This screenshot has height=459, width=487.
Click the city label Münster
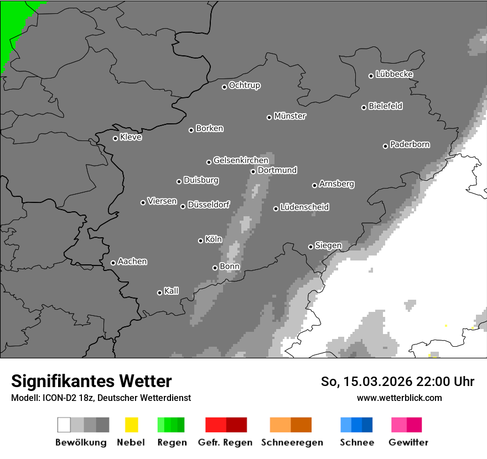coord(290,116)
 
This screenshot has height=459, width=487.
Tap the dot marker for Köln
coord(200,241)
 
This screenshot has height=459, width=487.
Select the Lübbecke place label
coord(394,74)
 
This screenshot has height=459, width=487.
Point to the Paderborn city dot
coord(386,146)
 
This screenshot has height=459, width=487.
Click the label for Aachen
coord(132,262)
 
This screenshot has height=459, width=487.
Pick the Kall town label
coord(172,291)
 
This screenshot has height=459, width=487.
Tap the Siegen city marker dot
coord(310,247)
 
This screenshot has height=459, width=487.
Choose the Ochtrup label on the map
coord(245,85)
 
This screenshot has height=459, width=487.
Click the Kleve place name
coord(131,137)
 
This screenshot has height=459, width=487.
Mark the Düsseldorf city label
coord(209,205)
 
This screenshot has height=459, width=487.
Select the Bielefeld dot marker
coord(364,107)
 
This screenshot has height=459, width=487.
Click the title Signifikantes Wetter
coord(91,381)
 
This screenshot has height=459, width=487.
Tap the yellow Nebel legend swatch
coord(131,425)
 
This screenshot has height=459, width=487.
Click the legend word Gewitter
coord(408,442)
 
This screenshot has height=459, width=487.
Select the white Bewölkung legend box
coord(64,425)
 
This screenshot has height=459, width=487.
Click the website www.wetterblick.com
coord(399,398)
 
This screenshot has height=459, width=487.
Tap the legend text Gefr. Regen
coord(225,442)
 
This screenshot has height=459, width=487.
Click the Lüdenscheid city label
coord(304,207)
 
